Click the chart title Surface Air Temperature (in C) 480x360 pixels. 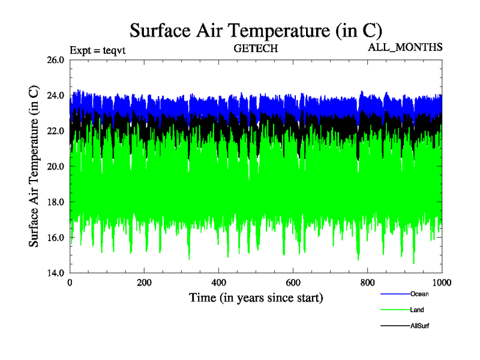[x=256, y=30]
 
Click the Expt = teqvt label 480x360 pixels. [x=97, y=50]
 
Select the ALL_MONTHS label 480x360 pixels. [x=405, y=47]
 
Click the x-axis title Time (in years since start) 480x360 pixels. [x=256, y=298]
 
